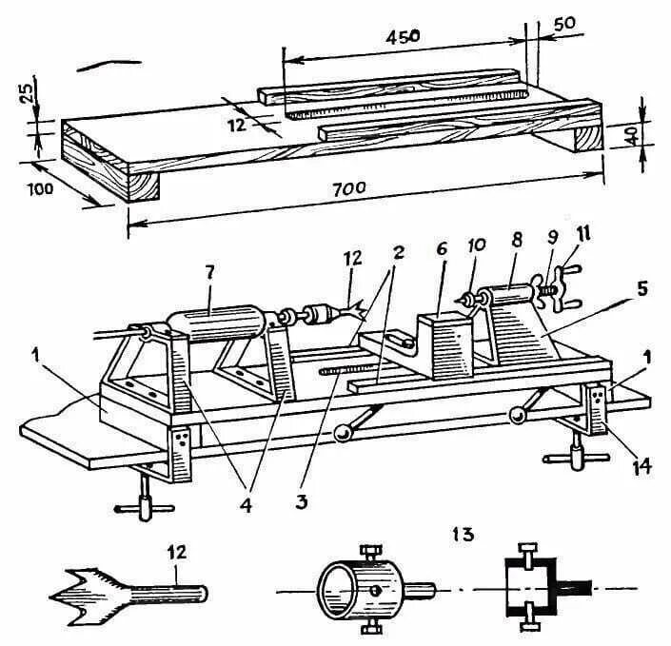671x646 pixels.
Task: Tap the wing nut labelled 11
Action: tap(556, 287)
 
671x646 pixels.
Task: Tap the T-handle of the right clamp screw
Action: tap(574, 460)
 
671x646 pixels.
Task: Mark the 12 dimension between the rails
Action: tap(237, 125)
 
